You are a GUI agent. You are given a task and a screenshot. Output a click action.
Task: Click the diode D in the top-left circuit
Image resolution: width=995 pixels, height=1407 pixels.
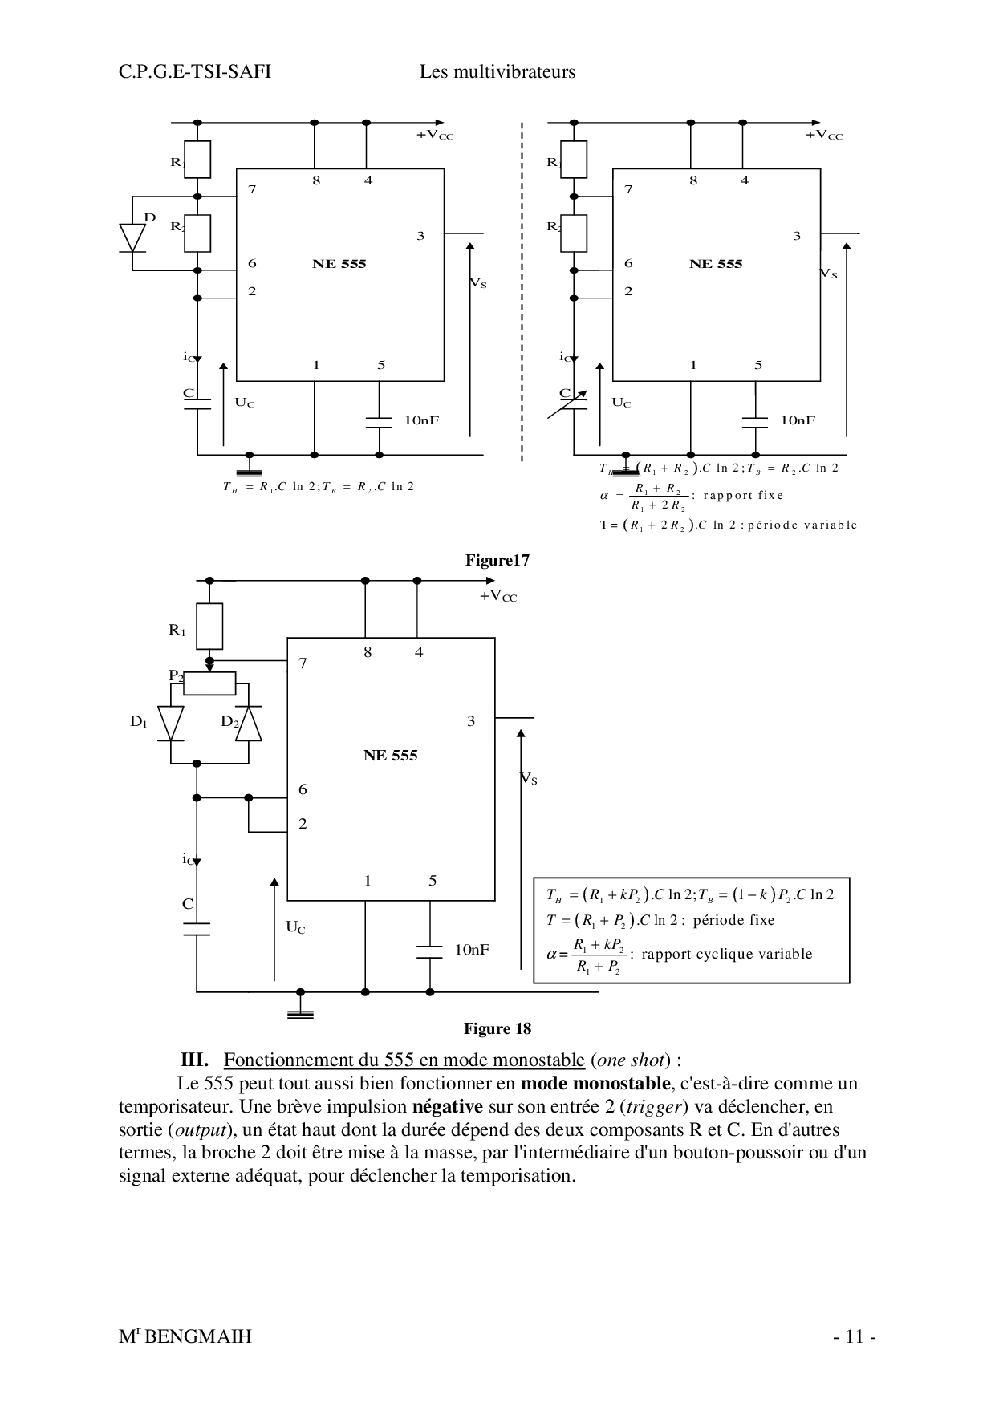pos(132,237)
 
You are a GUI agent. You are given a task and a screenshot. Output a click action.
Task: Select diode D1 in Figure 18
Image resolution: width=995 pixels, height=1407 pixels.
pos(171,723)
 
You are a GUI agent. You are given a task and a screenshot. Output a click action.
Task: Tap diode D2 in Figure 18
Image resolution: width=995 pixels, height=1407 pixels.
pos(249,723)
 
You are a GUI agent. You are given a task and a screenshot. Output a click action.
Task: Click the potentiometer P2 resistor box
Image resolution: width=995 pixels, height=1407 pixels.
pos(209,683)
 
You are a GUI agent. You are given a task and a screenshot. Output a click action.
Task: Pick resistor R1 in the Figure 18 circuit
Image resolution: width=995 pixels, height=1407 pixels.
pos(209,626)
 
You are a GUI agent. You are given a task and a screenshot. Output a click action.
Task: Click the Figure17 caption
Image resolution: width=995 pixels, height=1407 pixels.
pos(497,561)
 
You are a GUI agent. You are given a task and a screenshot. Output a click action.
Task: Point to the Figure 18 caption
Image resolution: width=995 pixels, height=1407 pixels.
pos(497,1029)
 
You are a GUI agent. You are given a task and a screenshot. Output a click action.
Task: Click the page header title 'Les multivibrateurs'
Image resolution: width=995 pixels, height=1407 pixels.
pos(497,72)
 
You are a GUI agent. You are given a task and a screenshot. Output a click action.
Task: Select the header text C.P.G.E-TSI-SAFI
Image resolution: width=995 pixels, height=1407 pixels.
pos(195,72)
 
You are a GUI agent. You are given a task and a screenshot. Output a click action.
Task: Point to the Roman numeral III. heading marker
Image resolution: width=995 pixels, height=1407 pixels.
pos(195,1060)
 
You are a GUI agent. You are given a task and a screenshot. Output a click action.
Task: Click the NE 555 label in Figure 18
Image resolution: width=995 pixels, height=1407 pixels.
pos(391,756)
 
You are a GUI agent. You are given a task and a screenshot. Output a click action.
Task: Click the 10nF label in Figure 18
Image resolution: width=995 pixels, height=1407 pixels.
pos(472,950)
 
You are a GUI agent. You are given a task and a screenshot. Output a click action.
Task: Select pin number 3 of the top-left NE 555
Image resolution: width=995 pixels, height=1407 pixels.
pos(420,236)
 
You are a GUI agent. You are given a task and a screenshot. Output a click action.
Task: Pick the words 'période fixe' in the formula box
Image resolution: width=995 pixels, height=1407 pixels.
pos(733,921)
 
